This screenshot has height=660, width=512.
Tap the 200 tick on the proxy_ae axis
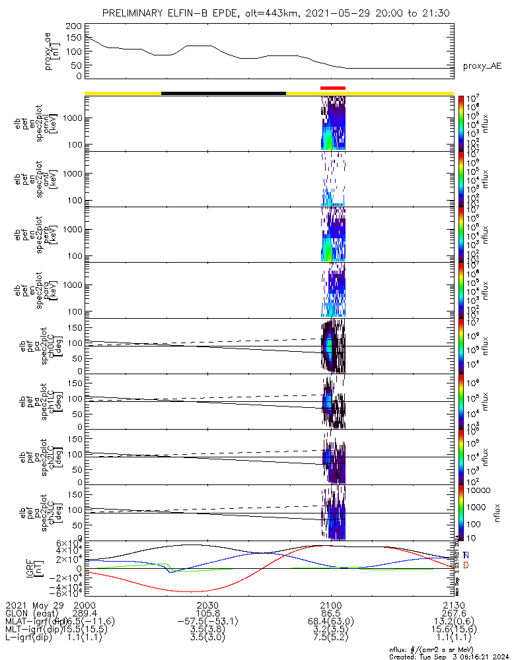pos(73,26)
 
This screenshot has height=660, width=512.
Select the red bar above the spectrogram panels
pos(332,88)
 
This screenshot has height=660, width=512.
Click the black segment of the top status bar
pos(223,93)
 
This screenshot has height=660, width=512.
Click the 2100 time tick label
pos(330,605)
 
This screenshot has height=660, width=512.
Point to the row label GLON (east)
pos(34,613)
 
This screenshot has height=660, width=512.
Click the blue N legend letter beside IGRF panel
pos(466,555)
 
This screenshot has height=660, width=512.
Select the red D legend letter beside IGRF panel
pos(466,566)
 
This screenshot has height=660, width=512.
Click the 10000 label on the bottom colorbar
pos(475,490)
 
